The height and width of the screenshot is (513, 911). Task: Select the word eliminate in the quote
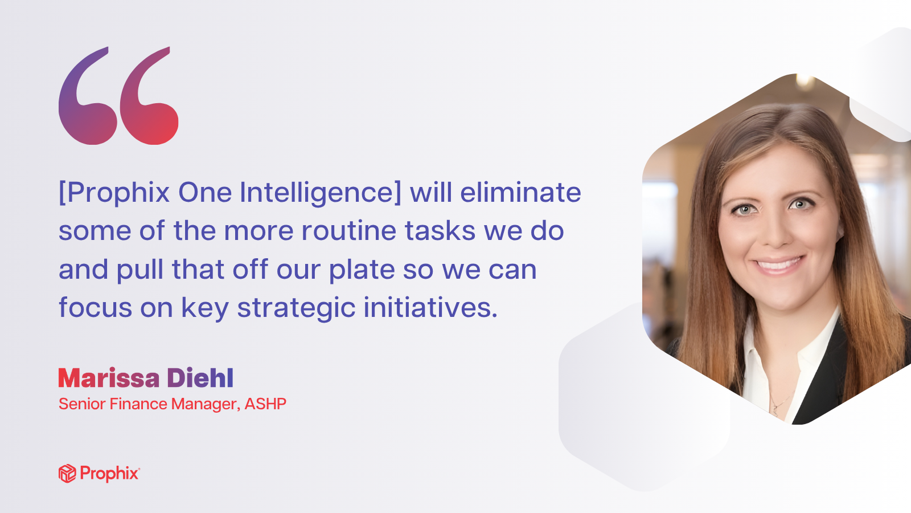520,192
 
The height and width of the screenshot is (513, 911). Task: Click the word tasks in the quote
440,231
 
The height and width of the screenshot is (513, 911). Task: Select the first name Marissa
109,378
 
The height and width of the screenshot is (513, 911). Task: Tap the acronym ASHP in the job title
265,404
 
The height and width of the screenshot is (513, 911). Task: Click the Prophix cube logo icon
67,474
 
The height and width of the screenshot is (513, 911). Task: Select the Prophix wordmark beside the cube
110,474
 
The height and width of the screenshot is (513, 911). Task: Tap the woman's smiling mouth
778,266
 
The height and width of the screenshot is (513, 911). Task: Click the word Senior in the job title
82,404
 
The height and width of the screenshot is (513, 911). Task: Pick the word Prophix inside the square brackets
118,193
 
